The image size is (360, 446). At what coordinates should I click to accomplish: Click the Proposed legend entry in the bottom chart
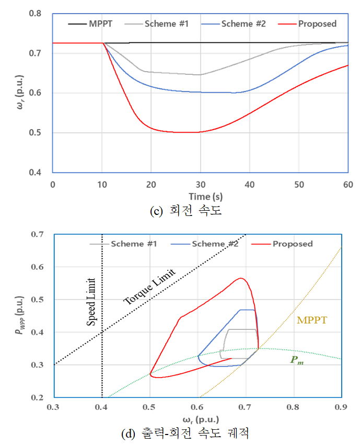tap(293, 244)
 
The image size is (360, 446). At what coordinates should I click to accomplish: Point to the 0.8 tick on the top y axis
tap(41, 13)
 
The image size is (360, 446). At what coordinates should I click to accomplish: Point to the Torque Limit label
tap(149, 287)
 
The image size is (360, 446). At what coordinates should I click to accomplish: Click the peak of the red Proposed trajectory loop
tap(241, 278)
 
